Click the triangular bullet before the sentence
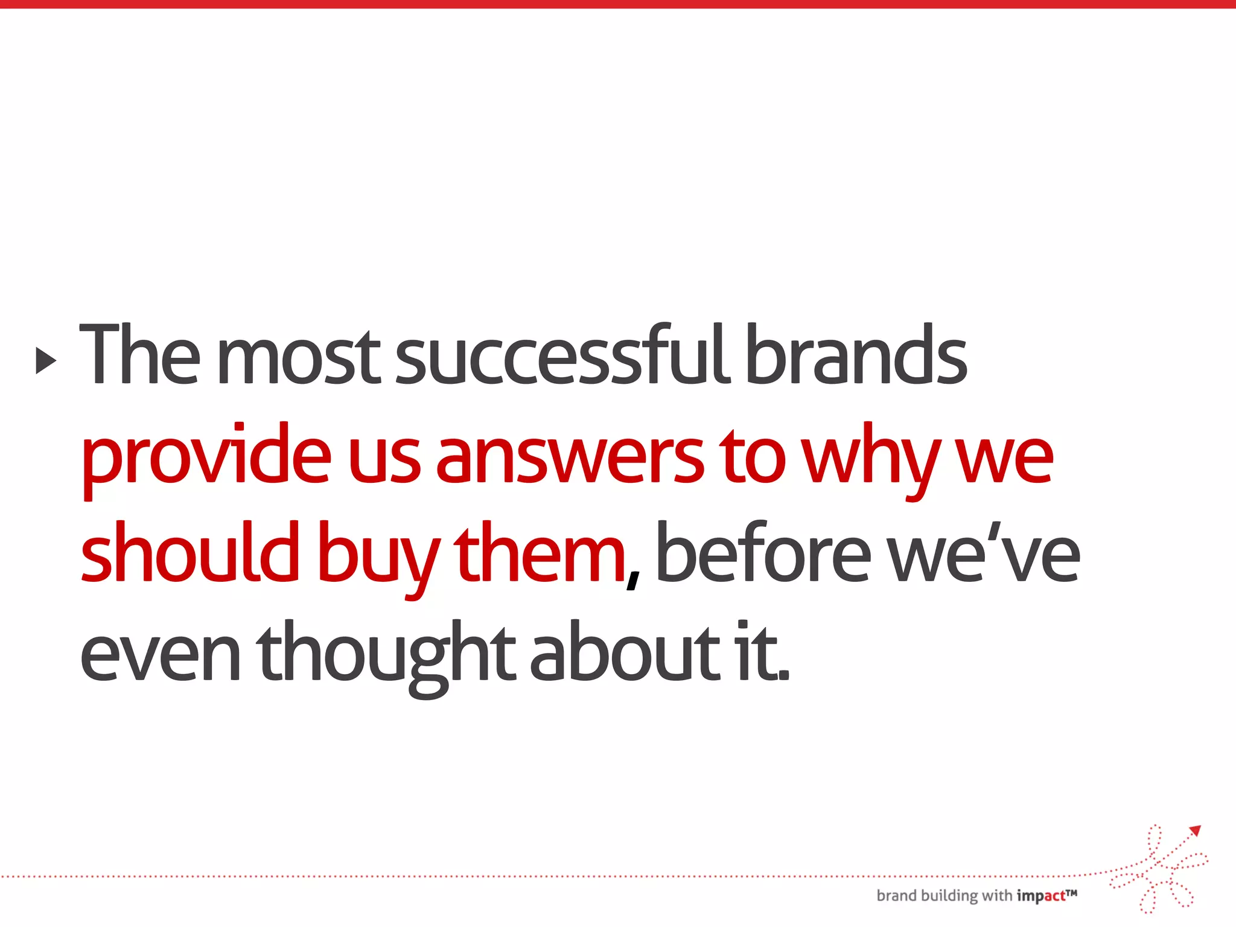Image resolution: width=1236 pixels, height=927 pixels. coord(46,360)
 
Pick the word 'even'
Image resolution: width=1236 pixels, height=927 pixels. coord(160,658)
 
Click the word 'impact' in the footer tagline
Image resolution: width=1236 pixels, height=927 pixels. coord(1041,896)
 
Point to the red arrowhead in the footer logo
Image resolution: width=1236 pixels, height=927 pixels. coord(1196,831)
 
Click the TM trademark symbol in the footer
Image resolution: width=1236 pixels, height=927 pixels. coord(1071,892)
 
